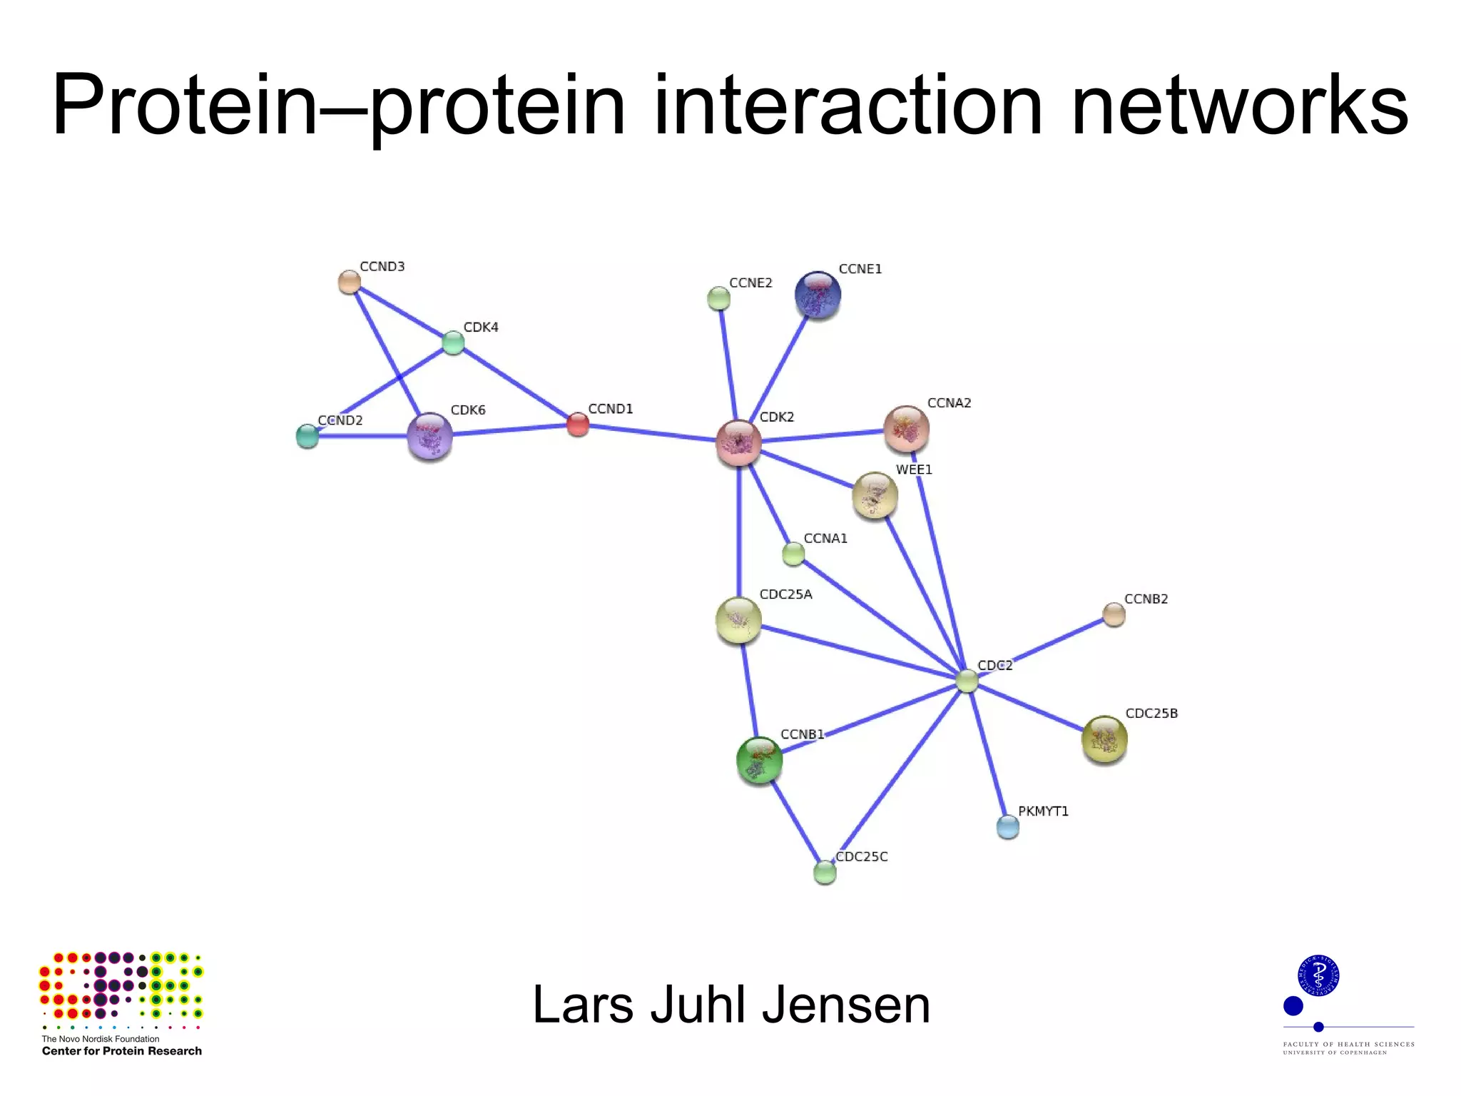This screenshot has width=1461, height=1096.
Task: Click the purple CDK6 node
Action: click(429, 436)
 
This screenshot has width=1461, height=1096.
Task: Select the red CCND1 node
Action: click(578, 425)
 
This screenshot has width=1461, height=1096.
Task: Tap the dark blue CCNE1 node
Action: click(818, 295)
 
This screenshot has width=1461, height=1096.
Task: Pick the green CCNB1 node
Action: click(759, 761)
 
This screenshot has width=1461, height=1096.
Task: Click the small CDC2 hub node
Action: click(967, 681)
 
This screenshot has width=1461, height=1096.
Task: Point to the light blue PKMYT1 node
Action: click(1007, 827)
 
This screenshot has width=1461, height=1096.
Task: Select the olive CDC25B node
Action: click(1104, 739)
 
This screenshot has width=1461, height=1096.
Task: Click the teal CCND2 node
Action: click(307, 436)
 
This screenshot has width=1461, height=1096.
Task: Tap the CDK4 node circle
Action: click(453, 342)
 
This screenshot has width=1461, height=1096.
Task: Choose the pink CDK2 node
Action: click(738, 443)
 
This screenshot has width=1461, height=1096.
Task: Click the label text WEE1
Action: click(914, 470)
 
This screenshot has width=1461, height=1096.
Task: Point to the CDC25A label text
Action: click(785, 594)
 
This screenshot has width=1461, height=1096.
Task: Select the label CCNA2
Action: click(949, 403)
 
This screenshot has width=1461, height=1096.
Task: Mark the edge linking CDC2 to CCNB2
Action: click(1042, 647)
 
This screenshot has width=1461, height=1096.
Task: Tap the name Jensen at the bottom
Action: click(846, 1005)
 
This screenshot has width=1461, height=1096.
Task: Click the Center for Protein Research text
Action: click(122, 1051)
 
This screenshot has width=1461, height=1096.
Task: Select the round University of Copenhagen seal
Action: click(1318, 975)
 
